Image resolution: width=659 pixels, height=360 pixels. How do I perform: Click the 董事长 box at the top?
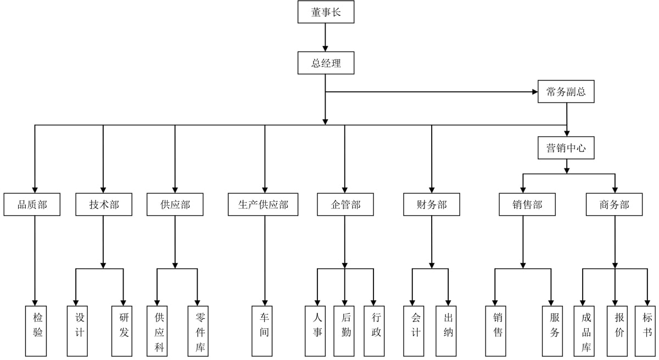pos(326,12)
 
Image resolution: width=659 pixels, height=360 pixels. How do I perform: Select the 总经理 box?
pos(326,63)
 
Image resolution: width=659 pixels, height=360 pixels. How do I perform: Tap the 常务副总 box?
pos(566,92)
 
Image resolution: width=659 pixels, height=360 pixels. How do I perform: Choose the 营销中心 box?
pos(566,148)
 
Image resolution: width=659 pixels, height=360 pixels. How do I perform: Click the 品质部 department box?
pos(32,204)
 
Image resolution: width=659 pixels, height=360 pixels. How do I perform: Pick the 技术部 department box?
pos(104,204)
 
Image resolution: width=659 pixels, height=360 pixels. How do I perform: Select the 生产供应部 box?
pos(263,204)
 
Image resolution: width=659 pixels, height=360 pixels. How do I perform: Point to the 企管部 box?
pos(345,204)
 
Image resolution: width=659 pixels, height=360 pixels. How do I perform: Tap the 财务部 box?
pos(432,204)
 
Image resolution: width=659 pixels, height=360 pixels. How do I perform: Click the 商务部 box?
pos(614,204)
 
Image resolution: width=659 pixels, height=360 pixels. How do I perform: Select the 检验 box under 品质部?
pos(35,331)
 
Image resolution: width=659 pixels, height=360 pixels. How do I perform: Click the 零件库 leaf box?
pos(198,331)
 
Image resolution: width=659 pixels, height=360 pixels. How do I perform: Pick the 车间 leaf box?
pos(265,331)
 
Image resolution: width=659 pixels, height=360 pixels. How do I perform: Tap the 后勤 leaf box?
pos(345,331)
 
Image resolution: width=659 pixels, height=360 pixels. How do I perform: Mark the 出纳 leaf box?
pos(448,331)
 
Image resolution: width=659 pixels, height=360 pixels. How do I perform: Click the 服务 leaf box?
pos(552,331)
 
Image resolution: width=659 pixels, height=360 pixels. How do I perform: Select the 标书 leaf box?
pos(645,331)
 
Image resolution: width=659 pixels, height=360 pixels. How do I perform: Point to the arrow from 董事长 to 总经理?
pos(326,37)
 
